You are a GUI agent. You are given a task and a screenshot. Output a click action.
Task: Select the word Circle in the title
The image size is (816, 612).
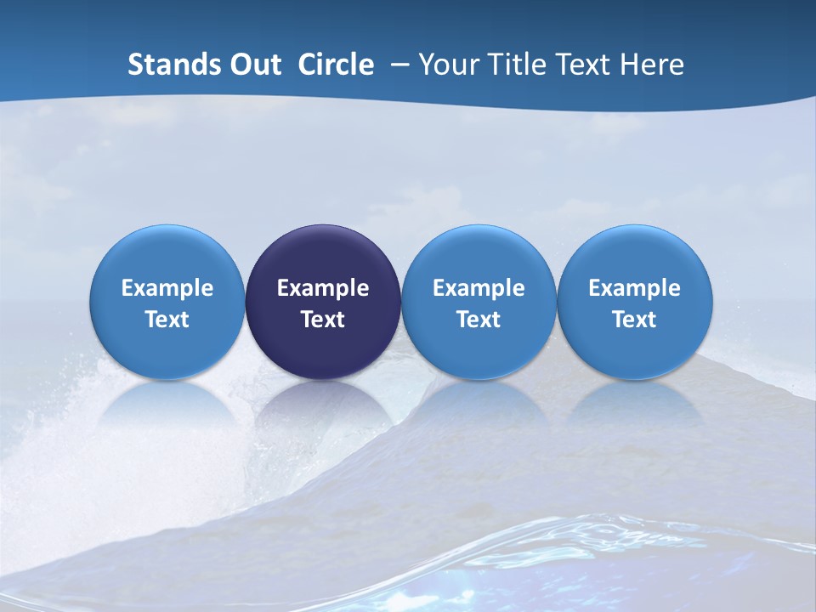(x=336, y=65)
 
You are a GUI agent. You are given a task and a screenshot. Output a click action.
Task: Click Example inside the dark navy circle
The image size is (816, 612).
(x=323, y=288)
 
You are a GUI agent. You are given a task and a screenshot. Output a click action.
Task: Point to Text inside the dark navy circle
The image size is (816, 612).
(x=323, y=320)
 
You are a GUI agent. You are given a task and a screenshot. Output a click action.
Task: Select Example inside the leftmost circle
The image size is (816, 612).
(x=167, y=288)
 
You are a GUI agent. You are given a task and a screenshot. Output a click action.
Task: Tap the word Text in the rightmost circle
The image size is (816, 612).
(x=634, y=320)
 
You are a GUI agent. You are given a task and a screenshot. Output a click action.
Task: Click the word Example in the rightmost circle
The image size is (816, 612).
(x=634, y=288)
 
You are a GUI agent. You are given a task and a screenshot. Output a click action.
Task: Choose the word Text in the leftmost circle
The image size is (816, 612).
(x=167, y=320)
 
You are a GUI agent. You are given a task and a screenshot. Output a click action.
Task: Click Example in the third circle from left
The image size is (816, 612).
(x=479, y=288)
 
